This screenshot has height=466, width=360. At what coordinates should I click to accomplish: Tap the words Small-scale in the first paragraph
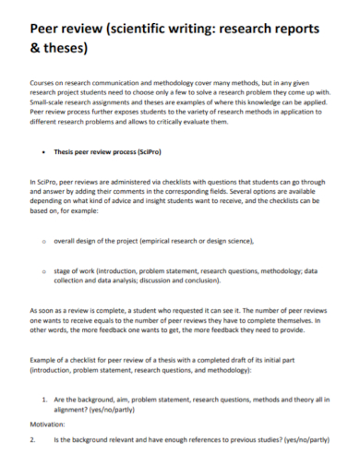pos(49,103)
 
